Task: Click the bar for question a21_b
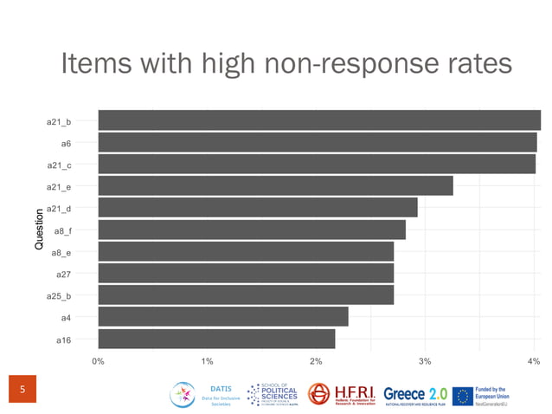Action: click(x=318, y=120)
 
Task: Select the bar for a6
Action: click(x=317, y=142)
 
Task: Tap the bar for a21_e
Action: click(x=275, y=186)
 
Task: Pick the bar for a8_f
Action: click(x=252, y=230)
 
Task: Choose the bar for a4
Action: click(x=223, y=317)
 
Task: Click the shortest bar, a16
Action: click(x=216, y=339)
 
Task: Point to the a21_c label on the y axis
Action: click(x=59, y=165)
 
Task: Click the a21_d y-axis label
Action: click(x=59, y=209)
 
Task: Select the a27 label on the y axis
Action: click(x=63, y=275)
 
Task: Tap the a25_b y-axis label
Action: click(x=59, y=296)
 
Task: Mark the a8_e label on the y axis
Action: click(x=61, y=253)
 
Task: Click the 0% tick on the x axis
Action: click(x=98, y=361)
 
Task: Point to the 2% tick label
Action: click(x=316, y=361)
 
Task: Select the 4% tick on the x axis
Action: click(x=533, y=361)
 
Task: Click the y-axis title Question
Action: click(x=39, y=230)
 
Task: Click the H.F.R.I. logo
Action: click(x=342, y=394)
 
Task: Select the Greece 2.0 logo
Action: click(x=414, y=394)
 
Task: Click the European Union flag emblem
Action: click(x=463, y=396)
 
